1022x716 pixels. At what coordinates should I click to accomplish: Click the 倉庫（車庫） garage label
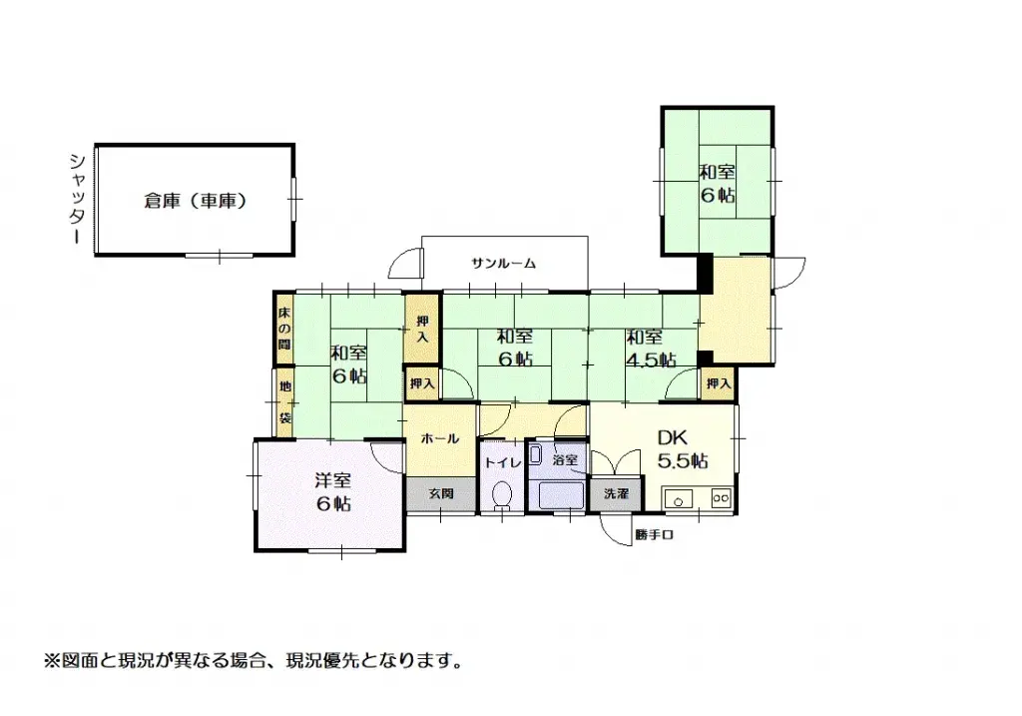point(195,201)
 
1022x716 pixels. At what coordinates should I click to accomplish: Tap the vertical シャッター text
point(76,200)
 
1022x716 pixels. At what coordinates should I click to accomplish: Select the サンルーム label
point(504,264)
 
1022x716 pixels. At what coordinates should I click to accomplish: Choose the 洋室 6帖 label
point(333,491)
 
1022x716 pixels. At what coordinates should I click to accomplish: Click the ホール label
point(439,438)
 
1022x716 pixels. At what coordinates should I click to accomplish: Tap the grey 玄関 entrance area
point(441,493)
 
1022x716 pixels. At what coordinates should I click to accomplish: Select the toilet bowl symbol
point(502,495)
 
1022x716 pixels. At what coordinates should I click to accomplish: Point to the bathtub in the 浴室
point(563,494)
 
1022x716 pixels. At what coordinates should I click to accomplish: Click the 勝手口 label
point(656,535)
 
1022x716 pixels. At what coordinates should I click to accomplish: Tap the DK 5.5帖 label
point(683,449)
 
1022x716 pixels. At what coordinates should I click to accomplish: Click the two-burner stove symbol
point(721,496)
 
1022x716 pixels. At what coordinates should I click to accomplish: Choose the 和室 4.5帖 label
point(650,348)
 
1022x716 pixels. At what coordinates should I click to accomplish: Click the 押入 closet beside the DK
point(719,383)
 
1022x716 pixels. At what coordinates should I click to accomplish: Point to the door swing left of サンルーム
point(406,263)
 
